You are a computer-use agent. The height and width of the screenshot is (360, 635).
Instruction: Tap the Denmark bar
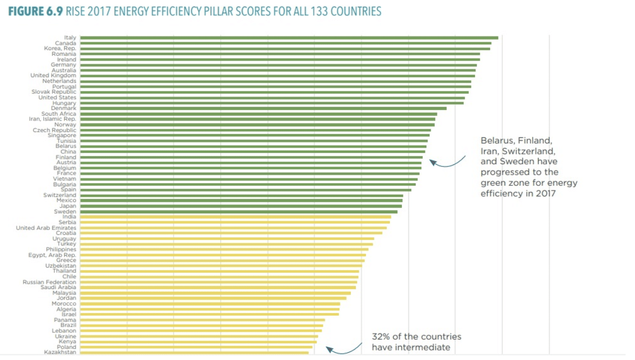pos(263,109)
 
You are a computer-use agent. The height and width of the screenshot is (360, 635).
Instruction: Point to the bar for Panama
pos(203,320)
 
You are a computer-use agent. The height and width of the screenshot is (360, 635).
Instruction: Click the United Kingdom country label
pos(53,76)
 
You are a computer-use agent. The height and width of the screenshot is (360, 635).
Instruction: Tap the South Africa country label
pos(59,114)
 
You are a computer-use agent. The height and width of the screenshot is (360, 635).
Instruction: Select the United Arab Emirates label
pos(46,228)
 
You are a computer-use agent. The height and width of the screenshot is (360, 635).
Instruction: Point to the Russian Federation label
pos(50,282)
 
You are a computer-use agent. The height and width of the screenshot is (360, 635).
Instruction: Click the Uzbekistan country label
pos(60,266)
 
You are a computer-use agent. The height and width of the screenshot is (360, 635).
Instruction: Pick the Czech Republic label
pos(54,130)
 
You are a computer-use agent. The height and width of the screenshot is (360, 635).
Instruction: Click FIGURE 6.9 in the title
pos(35,11)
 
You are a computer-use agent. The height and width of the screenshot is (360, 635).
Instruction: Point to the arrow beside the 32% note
pos(344,349)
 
